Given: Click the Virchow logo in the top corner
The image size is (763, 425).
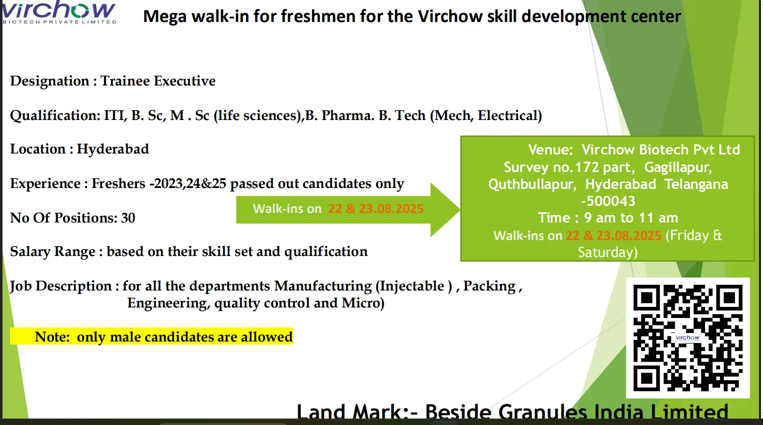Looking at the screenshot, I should coord(59,12).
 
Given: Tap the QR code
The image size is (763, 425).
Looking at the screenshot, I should coord(688,338).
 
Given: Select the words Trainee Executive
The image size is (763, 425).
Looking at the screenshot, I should coord(158,81).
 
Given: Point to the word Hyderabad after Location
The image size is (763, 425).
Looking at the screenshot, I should coord(112,149).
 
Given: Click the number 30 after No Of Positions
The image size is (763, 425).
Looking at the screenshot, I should coord(128,218).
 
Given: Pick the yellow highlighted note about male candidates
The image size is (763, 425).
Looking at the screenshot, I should coord(152,337).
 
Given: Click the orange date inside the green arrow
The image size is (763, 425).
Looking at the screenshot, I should coord(376,209).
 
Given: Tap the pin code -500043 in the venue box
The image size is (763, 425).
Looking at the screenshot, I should coord(608,201).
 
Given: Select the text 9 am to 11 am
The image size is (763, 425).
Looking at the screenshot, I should coord(631,218).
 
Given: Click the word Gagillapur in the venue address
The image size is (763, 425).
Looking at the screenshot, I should coord(678,167).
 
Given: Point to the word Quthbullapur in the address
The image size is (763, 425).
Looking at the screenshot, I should coord(532,184).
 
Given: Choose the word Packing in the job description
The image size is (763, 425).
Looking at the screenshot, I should coord(489,286).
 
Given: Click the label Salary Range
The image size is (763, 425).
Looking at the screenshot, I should coord(52,252).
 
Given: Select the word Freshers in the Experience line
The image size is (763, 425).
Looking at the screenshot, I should coord(118,183).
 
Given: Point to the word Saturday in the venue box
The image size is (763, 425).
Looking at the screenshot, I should coord(607,252).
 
